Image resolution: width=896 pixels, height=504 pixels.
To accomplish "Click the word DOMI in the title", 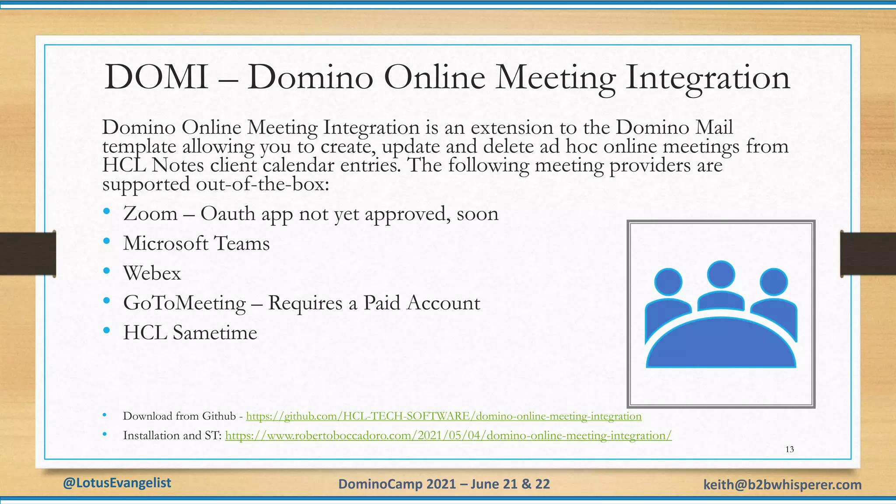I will (x=156, y=78).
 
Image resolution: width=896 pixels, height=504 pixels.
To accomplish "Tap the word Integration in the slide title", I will (x=707, y=78).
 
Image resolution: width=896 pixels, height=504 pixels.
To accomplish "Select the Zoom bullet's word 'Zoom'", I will (x=150, y=214).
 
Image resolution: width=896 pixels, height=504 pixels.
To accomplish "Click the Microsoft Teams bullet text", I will (x=196, y=244).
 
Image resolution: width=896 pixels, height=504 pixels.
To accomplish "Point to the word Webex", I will (x=152, y=273).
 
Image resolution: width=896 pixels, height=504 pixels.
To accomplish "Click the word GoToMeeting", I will (x=185, y=303).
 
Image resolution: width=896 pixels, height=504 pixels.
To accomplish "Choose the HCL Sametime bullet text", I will (x=190, y=333).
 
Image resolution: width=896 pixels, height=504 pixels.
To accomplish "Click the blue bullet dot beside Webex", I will (x=107, y=271).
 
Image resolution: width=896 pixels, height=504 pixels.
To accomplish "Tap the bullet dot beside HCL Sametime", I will (x=107, y=330).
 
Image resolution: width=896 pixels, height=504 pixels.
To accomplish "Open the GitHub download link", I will (x=444, y=416).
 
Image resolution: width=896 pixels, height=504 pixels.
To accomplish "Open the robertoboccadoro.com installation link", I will (x=448, y=436).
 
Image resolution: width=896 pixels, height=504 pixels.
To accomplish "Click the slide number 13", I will (x=790, y=449).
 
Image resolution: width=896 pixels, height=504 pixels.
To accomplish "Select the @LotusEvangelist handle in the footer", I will (x=117, y=483).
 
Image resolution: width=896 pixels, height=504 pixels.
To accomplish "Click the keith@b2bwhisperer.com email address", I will (x=782, y=485).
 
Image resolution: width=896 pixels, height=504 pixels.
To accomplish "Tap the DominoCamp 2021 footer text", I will (x=444, y=484).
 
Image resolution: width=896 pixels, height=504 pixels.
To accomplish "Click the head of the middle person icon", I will (x=721, y=274).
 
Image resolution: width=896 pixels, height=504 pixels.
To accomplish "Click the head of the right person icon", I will (x=773, y=282).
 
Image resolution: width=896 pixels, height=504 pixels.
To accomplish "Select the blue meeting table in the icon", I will (x=721, y=346).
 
